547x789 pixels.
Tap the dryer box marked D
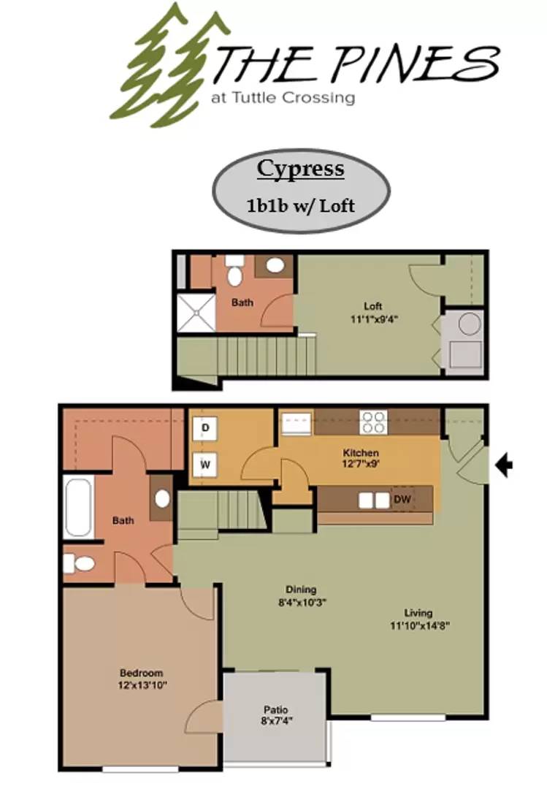pyautogui.click(x=205, y=428)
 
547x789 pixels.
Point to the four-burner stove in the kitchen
pyautogui.click(x=372, y=422)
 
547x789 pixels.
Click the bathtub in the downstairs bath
pyautogui.click(x=78, y=506)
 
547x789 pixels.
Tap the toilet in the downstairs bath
pyautogui.click(x=80, y=563)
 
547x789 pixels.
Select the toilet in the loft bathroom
pyautogui.click(x=234, y=272)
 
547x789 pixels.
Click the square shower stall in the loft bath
pyautogui.click(x=196, y=313)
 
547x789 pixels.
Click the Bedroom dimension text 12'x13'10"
pyautogui.click(x=141, y=685)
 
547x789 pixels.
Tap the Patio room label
pyautogui.click(x=275, y=709)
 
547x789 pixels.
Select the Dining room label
pyautogui.click(x=300, y=590)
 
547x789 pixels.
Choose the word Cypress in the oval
pyautogui.click(x=300, y=169)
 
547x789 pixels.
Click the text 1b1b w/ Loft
pyautogui.click(x=300, y=205)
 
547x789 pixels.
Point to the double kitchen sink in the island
pyautogui.click(x=373, y=500)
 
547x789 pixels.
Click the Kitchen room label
pyautogui.click(x=360, y=453)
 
